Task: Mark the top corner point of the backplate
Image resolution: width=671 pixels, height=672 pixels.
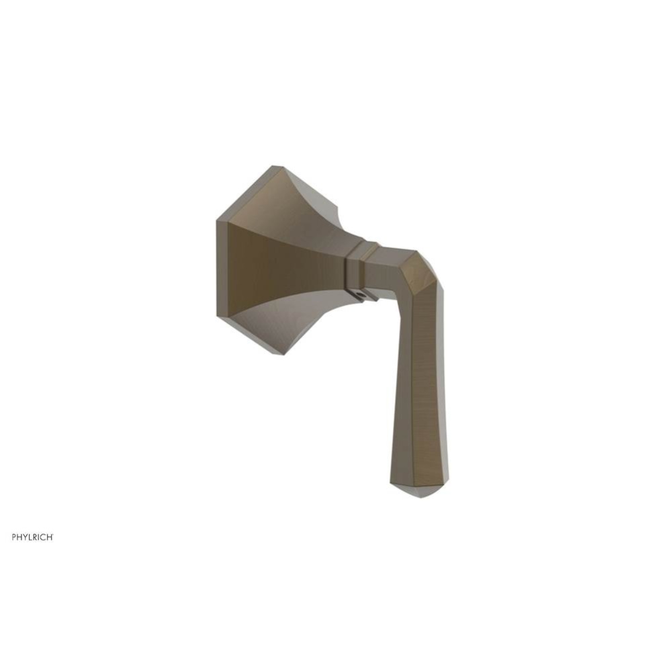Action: coord(276,167)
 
